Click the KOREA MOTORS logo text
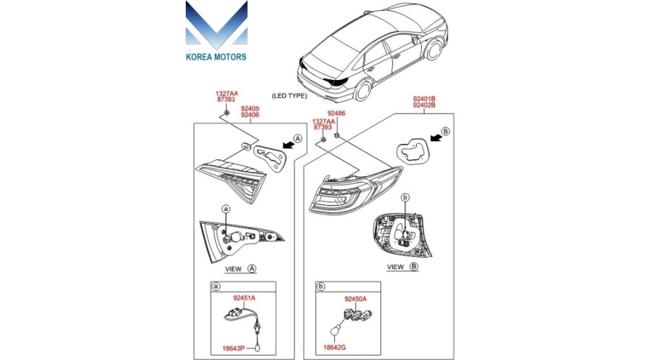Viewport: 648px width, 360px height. tap(216, 57)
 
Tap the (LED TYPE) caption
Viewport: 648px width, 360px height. tap(289, 96)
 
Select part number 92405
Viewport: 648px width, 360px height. tap(250, 109)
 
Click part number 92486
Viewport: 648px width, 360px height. tap(336, 113)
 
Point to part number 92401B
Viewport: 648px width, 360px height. tap(424, 99)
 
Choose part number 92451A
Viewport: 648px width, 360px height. tap(244, 297)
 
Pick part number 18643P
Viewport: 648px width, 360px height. tap(233, 348)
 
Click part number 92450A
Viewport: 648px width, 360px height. tap(356, 299)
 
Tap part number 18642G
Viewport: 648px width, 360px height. tap(335, 347)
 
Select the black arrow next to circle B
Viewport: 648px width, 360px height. tap(436, 137)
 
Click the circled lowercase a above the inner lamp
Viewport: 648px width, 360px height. tap(225, 209)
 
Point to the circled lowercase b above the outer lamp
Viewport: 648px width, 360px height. tap(405, 198)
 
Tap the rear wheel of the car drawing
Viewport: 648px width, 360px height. tap(363, 91)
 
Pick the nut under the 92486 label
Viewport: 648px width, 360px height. tap(337, 135)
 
